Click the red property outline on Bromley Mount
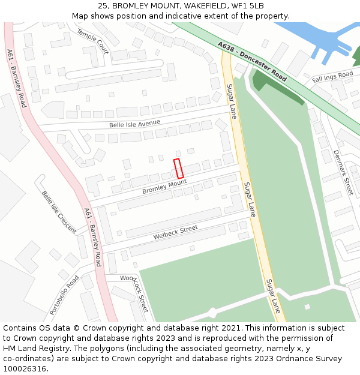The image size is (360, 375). coord(178,168)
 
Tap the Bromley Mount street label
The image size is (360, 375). coord(164,187)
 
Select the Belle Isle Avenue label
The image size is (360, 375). coord(134,124)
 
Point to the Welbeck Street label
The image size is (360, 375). coord(175,232)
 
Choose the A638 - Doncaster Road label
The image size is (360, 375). coord(253,62)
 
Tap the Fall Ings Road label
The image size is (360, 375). coord(332,77)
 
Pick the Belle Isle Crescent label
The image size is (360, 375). coord(59,212)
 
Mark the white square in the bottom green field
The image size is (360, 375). coord(307,307)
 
